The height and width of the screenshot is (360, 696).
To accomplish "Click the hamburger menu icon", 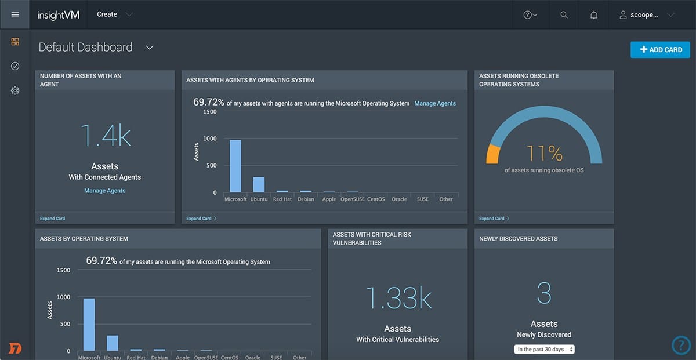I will coord(14,14).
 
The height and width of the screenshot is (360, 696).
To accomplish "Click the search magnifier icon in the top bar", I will coord(564,15).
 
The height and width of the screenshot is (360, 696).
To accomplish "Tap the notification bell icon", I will coord(594,15).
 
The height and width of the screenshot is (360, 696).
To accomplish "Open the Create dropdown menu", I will coord(114,14).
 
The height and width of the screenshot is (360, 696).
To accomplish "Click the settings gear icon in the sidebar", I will coord(15,90).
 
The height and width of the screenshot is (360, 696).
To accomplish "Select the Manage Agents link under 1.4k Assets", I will coord(104,191).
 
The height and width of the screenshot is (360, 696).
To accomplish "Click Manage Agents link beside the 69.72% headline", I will coord(435,103).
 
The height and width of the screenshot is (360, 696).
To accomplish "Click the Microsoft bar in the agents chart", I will coord(235,166).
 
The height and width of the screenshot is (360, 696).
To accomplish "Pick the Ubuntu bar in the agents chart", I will coord(259,184).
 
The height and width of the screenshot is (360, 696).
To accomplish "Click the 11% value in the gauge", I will coord(544,154).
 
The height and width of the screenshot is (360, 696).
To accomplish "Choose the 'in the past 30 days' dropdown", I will coord(544,349).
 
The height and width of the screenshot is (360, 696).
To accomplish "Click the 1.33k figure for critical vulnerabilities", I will coord(398,298).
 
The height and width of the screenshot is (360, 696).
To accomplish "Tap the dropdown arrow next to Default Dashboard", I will coord(150,48).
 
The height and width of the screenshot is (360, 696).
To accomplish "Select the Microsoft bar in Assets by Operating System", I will coord(89,325).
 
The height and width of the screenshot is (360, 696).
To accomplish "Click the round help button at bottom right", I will coord(681,346).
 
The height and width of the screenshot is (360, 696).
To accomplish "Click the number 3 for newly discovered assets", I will coord(544,294).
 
